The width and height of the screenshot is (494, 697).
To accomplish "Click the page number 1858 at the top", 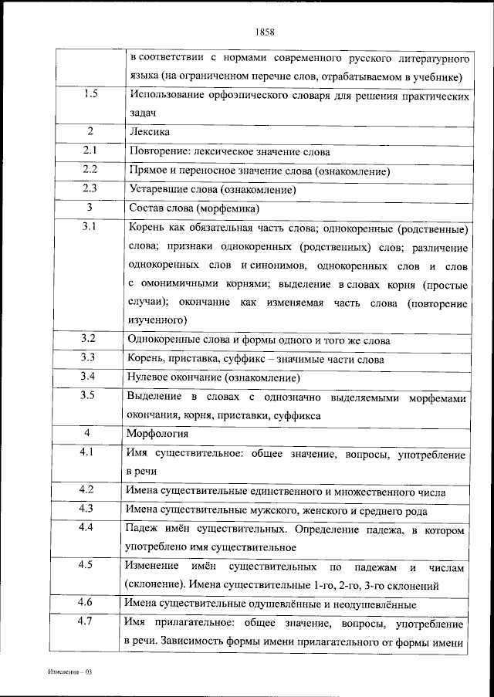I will [x=264, y=32].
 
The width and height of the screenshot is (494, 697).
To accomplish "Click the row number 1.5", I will [x=90, y=94].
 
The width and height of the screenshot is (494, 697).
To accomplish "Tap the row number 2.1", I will [x=90, y=151].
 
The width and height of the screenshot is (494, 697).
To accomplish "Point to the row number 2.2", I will [x=90, y=170].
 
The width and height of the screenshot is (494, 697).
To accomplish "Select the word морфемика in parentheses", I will [x=228, y=208].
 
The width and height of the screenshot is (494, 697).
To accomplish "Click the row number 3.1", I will [x=90, y=228].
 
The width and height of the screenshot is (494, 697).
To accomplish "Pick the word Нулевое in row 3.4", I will [x=153, y=378].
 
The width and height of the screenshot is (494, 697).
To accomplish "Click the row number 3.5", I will [x=90, y=396].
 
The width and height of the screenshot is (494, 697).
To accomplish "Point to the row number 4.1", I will [x=90, y=452].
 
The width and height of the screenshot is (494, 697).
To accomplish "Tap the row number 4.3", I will [x=90, y=509].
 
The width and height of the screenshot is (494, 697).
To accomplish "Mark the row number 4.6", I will [x=90, y=602].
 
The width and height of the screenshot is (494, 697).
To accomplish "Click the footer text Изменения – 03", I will [x=67, y=672].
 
